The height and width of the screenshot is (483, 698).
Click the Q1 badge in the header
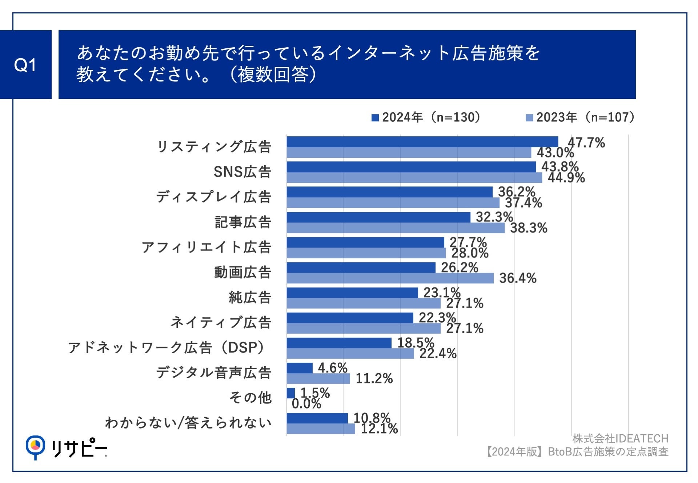coord(25,65)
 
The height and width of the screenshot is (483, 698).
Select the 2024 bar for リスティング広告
coord(422,142)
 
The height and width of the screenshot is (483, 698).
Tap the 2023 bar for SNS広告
coord(414,178)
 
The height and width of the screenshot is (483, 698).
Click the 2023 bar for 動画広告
coord(390,278)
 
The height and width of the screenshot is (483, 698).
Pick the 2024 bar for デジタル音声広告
coord(299,368)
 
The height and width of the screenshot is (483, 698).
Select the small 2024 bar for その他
coord(290,393)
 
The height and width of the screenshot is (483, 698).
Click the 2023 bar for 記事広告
coord(395,228)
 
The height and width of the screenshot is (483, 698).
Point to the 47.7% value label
coord(586,142)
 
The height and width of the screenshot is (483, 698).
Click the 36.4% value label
coord(518,278)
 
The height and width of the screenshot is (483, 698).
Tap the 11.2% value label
coord(374,379)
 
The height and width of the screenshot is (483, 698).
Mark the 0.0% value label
coord(306,404)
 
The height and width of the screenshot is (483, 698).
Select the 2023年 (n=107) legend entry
coord(580,117)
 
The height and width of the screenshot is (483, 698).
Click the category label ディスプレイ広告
coord(214,197)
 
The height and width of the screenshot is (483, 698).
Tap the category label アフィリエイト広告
coord(206,247)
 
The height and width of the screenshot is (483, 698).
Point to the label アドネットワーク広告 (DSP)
coord(167,348)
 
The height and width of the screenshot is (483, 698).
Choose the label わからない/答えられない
coord(188,423)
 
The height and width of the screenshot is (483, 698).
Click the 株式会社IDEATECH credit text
coord(620,439)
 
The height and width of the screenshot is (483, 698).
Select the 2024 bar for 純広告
coord(352,293)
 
